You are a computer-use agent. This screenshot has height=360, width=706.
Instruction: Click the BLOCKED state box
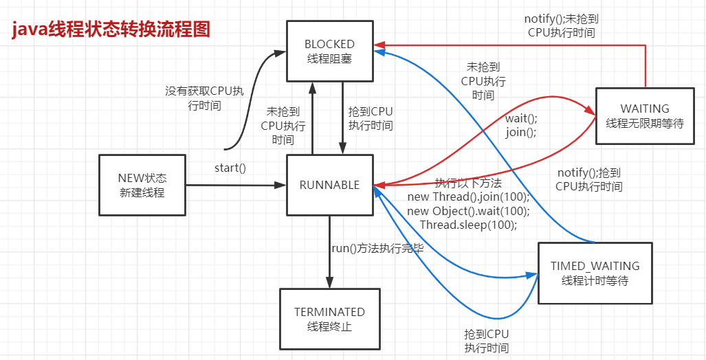coord(329,51)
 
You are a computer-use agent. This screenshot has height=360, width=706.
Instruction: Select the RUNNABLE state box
coord(329,185)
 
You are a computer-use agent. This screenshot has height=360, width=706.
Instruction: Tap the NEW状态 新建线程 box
coord(142,185)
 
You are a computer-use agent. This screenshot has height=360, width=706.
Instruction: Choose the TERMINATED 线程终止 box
coord(329,319)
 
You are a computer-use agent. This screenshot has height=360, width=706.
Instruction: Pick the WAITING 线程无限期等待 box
coord(645,115)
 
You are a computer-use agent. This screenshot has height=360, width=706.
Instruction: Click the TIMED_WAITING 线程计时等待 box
coord(595,273)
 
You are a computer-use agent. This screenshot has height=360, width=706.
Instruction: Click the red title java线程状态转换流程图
coord(110,31)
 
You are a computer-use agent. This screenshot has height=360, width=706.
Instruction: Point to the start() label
coord(230,169)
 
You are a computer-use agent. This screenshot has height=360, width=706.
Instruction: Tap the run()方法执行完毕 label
coord(377,249)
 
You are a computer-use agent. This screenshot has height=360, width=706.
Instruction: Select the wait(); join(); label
coord(521,126)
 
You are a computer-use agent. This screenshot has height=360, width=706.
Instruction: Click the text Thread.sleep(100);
coord(468,224)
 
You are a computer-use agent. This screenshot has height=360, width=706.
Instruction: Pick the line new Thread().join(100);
coord(468,196)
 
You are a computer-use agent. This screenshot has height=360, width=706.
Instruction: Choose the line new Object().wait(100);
coord(468,211)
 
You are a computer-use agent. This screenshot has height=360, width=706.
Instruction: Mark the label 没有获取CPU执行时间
coord(204,98)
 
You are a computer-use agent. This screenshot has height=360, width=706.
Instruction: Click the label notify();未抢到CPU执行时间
coord(562,25)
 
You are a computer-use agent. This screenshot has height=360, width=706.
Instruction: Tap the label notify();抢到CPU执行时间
coord(589,179)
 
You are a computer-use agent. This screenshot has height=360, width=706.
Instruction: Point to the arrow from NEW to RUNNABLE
coord(236,185)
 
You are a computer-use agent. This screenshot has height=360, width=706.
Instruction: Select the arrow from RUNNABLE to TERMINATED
coord(329,252)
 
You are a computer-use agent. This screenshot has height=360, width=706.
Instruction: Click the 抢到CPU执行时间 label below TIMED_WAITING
coord(486,341)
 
